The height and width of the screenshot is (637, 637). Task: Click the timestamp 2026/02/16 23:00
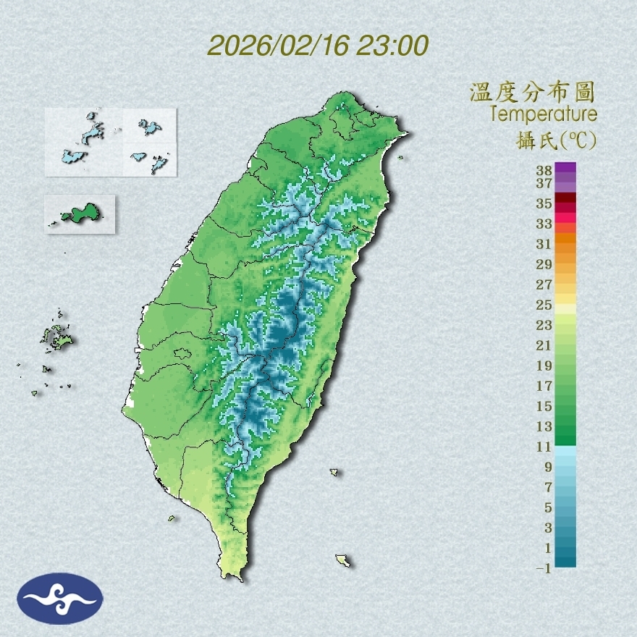pyautogui.click(x=318, y=46)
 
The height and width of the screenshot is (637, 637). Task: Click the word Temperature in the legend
pyautogui.click(x=543, y=114)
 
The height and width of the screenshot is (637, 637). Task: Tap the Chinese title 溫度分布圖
pyautogui.click(x=532, y=92)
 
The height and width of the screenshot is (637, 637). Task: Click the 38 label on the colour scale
pyautogui.click(x=544, y=170)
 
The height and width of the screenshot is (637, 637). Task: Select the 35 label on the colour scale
pyautogui.click(x=544, y=203)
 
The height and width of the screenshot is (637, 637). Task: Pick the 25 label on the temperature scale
pyautogui.click(x=544, y=305)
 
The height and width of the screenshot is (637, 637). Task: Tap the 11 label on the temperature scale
pyautogui.click(x=544, y=447)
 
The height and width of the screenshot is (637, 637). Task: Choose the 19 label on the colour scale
pyautogui.click(x=544, y=366)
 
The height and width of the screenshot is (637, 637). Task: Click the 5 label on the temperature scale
pyautogui.click(x=548, y=507)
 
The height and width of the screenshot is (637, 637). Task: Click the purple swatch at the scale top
pyautogui.click(x=565, y=168)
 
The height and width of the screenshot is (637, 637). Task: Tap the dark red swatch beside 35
pyautogui.click(x=565, y=198)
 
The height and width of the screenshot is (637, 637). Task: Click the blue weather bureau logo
pyautogui.click(x=60, y=599)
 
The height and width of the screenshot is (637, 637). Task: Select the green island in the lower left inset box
pyautogui.click(x=80, y=214)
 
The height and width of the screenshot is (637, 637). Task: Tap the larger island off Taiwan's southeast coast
pyautogui.click(x=342, y=560)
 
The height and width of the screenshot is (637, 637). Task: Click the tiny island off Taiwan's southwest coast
pyautogui.click(x=172, y=518)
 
